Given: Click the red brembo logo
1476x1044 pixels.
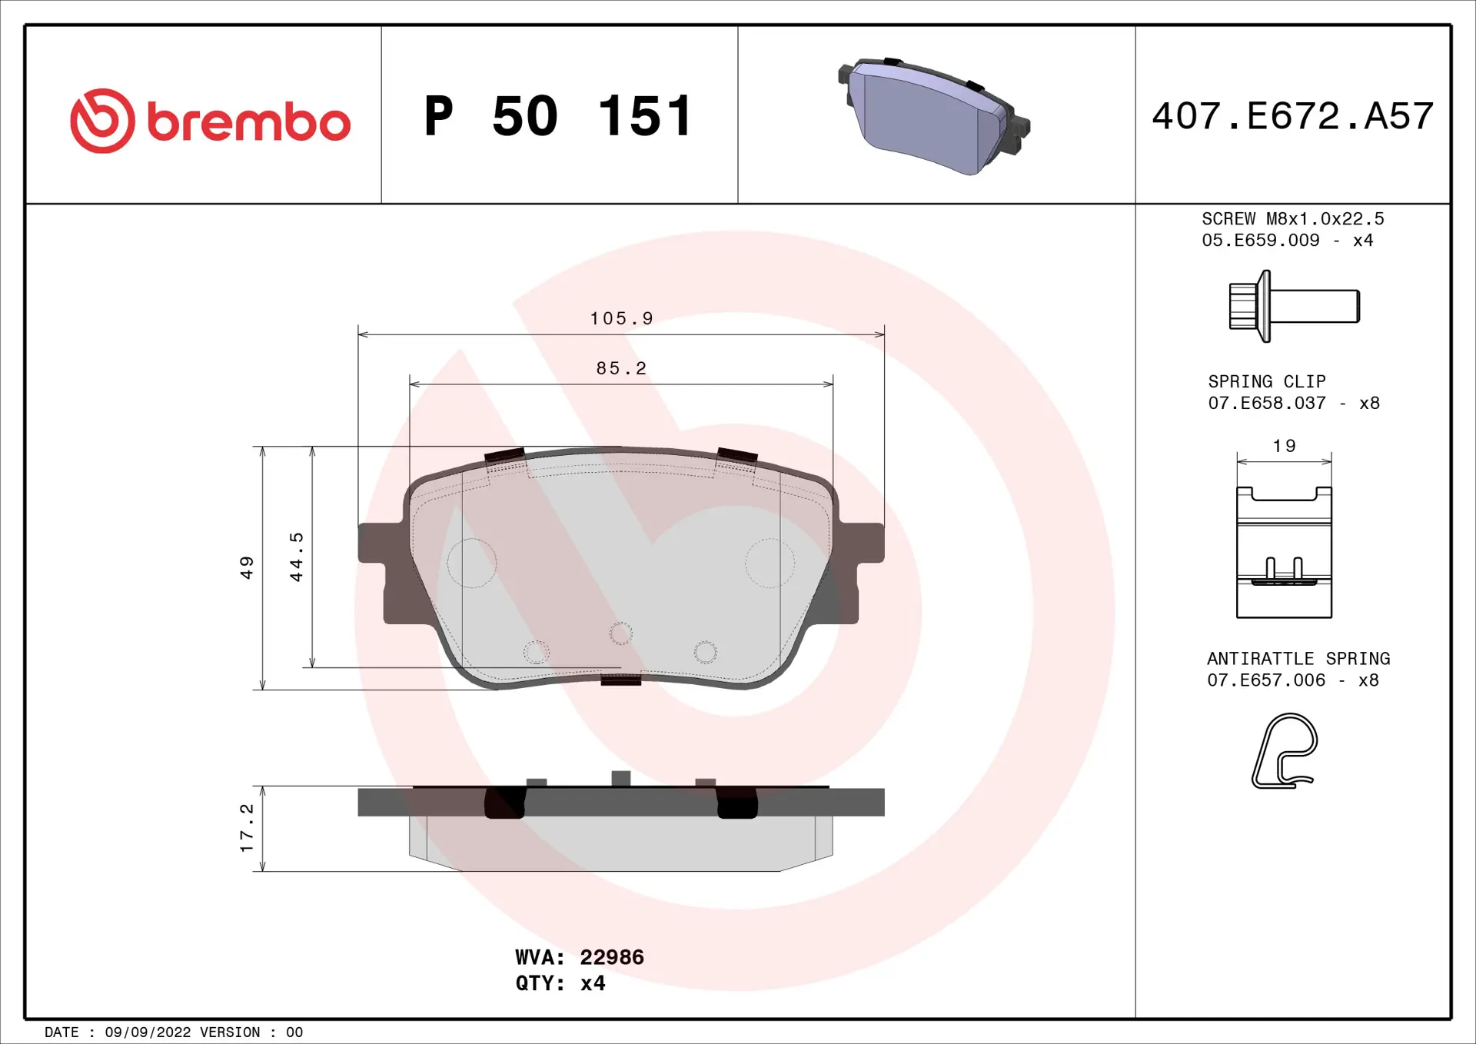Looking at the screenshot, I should (209, 121).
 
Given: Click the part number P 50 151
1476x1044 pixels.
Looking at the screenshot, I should (559, 117).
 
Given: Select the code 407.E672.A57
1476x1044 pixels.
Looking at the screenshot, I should (1292, 116).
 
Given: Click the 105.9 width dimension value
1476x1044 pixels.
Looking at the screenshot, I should (621, 318).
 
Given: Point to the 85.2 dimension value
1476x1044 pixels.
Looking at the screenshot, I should (621, 368).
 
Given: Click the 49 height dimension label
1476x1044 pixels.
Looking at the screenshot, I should (247, 567).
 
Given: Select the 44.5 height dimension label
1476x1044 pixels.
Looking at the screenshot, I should (297, 557).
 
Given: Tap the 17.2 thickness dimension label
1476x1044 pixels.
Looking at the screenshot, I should (247, 828).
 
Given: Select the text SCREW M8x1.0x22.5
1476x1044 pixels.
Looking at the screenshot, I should (1292, 219).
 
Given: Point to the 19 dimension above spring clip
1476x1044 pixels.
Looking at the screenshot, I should (1284, 446).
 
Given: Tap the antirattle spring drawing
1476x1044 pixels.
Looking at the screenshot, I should (1284, 751).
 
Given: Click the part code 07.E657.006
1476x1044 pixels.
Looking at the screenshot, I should (1265, 680).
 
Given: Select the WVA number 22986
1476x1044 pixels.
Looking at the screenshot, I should (611, 957).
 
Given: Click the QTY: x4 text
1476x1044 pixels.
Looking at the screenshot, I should (560, 983).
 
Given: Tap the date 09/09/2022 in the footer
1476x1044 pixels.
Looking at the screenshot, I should (148, 1032).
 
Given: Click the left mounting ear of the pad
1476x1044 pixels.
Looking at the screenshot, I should (382, 554).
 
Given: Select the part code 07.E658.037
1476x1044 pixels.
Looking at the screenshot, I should (1266, 403).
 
